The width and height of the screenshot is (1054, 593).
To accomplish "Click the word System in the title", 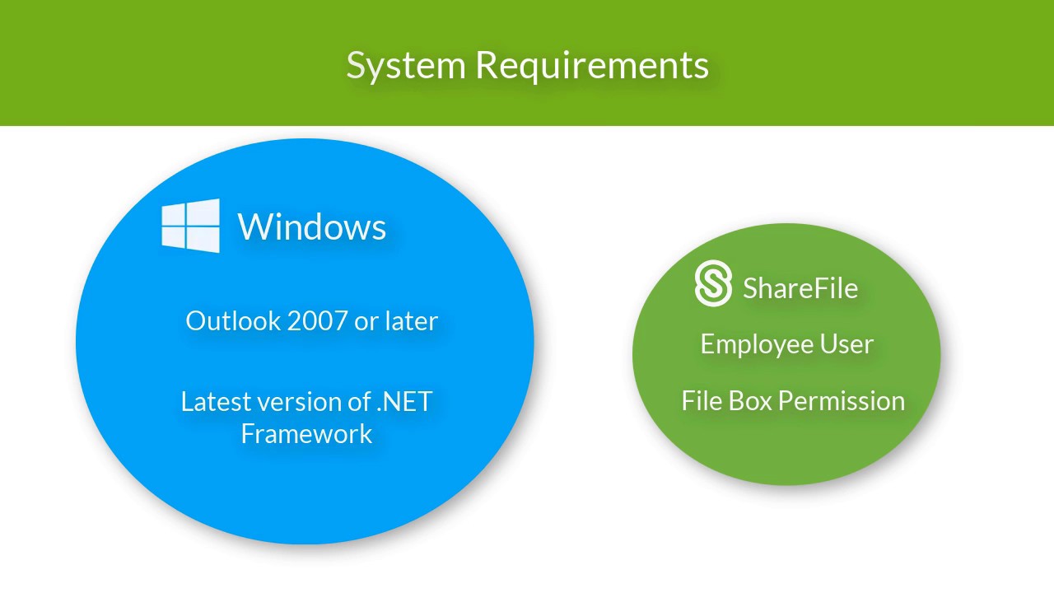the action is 406,66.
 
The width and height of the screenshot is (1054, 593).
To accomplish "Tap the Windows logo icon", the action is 190,226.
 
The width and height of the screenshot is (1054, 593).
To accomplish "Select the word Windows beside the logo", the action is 312,226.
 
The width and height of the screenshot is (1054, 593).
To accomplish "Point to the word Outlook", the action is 233,321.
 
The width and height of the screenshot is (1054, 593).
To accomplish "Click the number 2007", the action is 317,321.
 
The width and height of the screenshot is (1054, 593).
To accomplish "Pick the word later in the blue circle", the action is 412,321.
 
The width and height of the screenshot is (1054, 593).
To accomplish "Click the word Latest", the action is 216,401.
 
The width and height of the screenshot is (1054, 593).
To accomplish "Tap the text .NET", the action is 404,402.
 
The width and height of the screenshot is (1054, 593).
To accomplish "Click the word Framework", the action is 307,433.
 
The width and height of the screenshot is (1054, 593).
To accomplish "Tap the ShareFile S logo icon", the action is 713,283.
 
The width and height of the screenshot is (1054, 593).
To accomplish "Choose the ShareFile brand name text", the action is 800,288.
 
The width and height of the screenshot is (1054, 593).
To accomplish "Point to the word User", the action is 847,344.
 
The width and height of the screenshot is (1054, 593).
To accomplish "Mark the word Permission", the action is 842,401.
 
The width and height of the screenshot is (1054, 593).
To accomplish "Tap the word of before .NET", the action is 360,402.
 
